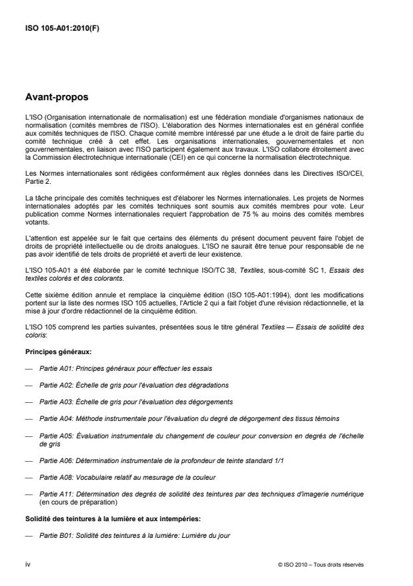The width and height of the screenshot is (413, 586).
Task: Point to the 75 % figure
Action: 271,218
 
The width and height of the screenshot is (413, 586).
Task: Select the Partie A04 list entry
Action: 189,418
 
